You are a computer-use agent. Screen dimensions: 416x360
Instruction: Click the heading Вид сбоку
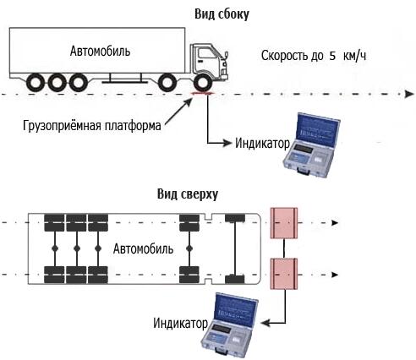pos(222,14)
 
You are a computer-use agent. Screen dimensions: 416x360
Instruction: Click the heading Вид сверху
pos(188,194)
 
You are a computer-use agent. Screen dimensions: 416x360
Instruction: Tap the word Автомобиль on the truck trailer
pos(100,52)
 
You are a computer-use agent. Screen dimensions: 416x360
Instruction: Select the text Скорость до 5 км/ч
pos(314,56)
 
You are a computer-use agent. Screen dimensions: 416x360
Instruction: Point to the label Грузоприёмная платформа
pos(92,125)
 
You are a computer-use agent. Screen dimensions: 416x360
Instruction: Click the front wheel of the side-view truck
pos(203,83)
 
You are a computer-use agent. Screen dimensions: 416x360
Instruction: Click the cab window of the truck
pos(206,53)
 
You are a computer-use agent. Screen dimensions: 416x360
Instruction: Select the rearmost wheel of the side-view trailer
pos(36,83)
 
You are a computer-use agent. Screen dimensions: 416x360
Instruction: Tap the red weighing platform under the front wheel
pos(203,93)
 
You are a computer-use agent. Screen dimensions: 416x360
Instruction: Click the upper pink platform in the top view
pos(284,223)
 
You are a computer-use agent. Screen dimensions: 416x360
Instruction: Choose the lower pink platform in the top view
pos(284,274)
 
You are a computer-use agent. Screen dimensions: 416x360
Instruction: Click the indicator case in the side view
pos(311,145)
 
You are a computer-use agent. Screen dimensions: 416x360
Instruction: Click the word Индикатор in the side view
pos(262,144)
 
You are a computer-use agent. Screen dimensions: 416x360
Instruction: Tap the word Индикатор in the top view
pos(180,323)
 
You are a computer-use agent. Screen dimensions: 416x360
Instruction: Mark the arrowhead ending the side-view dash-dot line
pos(409,94)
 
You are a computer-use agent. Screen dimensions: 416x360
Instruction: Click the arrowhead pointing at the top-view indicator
pos(265,323)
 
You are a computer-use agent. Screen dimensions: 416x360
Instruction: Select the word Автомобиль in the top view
pos(143,249)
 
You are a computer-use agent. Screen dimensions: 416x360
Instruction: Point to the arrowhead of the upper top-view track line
pos(335,223)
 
